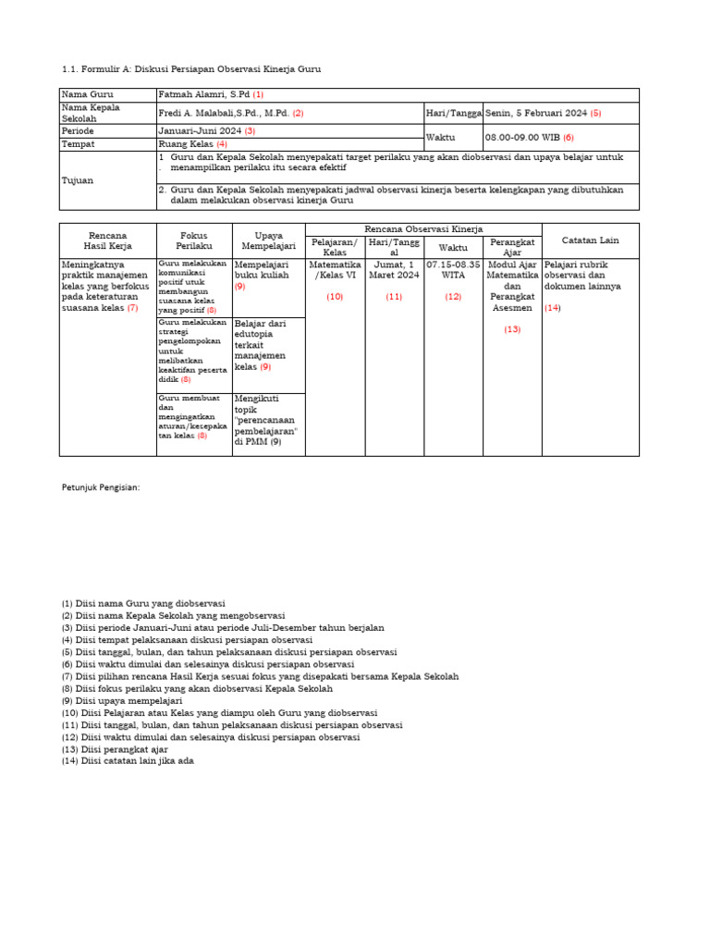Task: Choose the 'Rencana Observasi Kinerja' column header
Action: click(423, 228)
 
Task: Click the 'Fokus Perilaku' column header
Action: click(194, 240)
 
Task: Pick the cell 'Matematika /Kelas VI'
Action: click(335, 269)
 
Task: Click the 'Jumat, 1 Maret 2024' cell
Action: click(395, 269)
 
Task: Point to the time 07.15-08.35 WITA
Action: click(453, 269)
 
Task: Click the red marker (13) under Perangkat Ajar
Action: click(512, 329)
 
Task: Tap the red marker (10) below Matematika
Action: click(335, 297)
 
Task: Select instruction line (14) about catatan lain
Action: click(128, 761)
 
